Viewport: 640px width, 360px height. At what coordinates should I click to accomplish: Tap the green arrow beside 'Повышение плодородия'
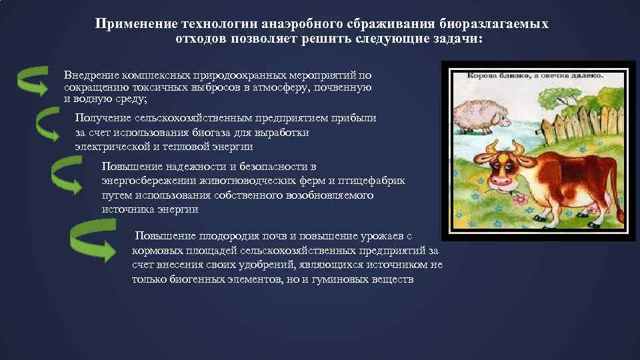93,241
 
